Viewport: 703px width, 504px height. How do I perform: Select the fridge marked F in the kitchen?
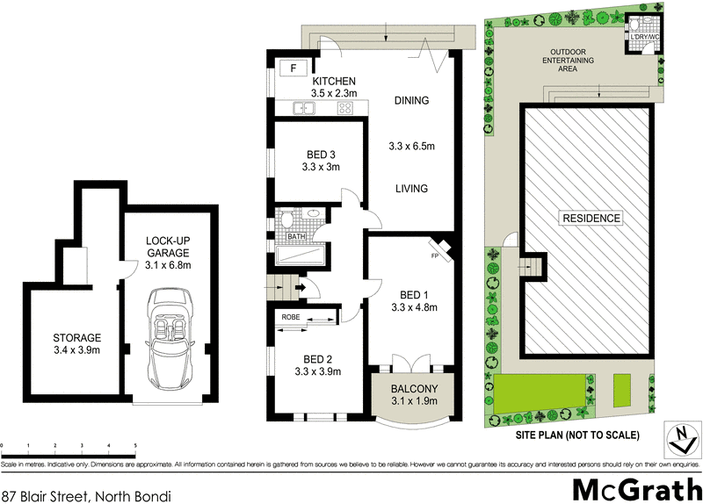pyautogui.click(x=294, y=67)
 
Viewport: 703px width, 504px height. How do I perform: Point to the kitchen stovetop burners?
pyautogui.click(x=344, y=109)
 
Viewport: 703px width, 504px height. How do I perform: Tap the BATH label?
pyautogui.click(x=296, y=236)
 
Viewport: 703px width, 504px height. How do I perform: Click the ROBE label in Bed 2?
pyautogui.click(x=291, y=317)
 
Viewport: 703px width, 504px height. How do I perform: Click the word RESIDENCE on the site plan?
pyautogui.click(x=591, y=218)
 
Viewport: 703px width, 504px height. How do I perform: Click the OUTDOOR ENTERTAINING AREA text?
pyautogui.click(x=569, y=61)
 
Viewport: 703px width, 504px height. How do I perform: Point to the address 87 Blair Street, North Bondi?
pyautogui.click(x=85, y=496)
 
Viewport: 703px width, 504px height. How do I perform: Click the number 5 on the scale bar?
pyautogui.click(x=134, y=445)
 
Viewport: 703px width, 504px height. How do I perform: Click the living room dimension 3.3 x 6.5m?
pyautogui.click(x=412, y=146)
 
